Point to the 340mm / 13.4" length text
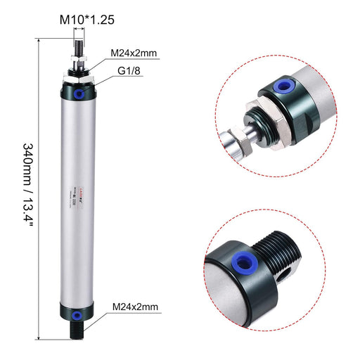pyautogui.click(x=28, y=181)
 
